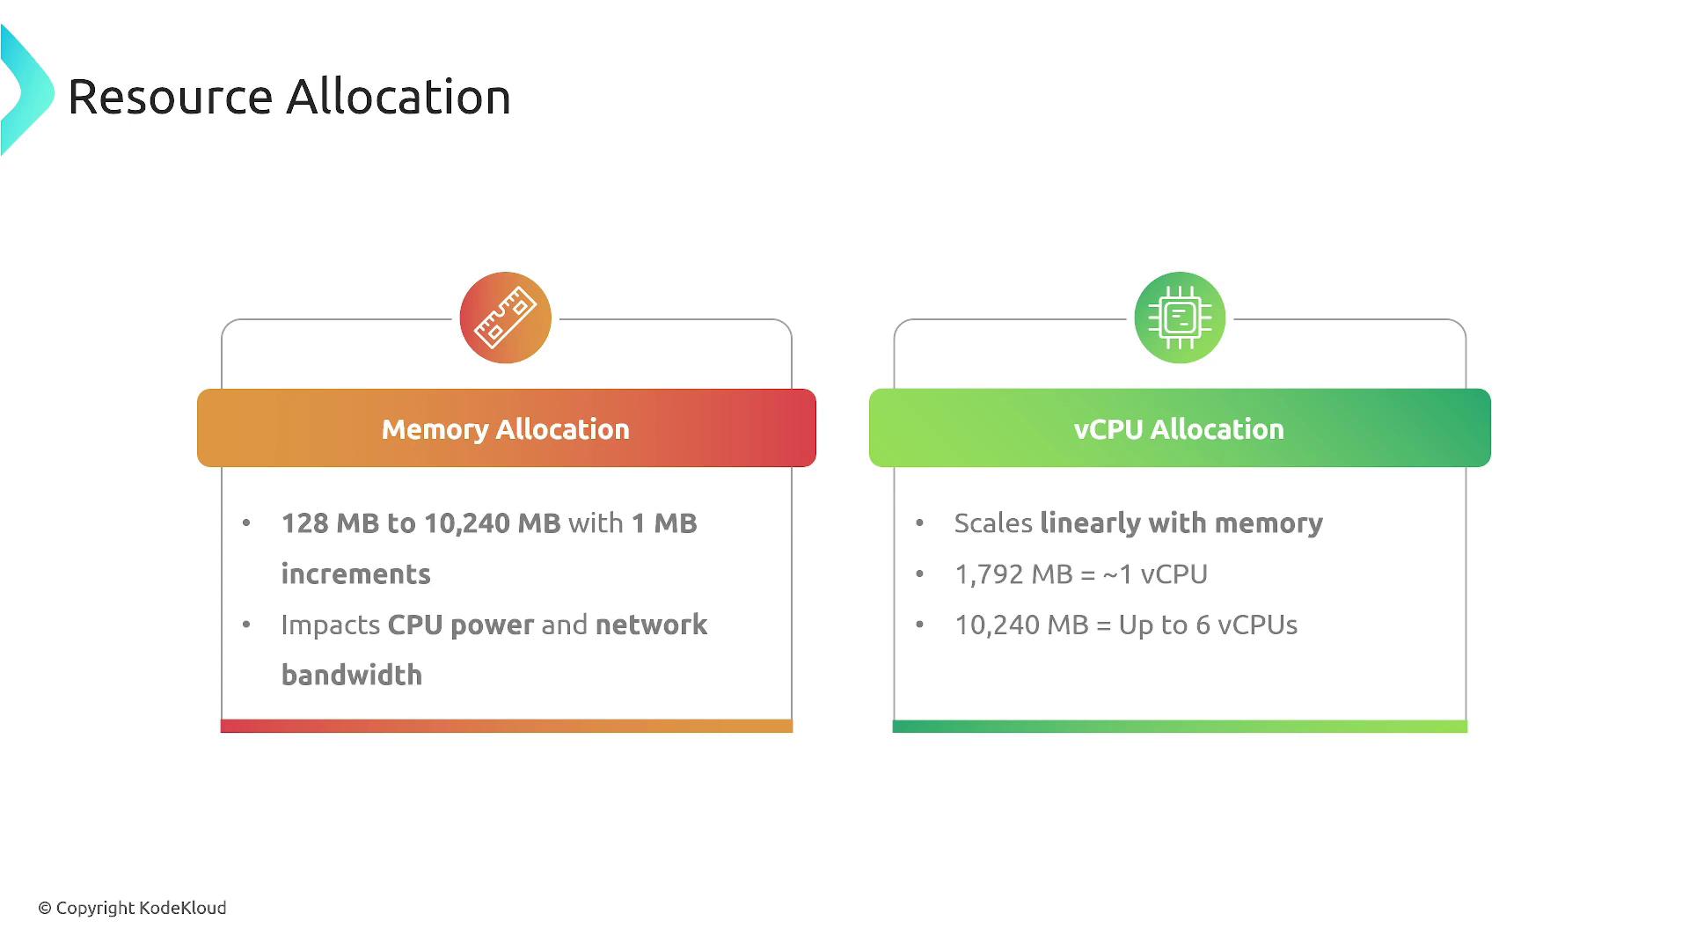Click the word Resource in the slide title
(x=170, y=97)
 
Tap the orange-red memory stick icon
(x=506, y=318)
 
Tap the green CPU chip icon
(x=1180, y=318)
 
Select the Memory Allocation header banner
(x=507, y=428)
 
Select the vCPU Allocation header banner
(x=1180, y=428)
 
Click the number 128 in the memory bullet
(x=304, y=523)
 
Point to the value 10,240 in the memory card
(x=466, y=524)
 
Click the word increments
(x=355, y=574)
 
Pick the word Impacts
(x=331, y=625)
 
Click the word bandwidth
(x=352, y=676)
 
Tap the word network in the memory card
(x=651, y=625)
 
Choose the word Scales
(x=993, y=523)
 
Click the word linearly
(x=1090, y=524)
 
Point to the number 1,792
(x=989, y=575)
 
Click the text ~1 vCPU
(x=1154, y=574)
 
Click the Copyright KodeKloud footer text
(x=132, y=908)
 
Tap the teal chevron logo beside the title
(x=26, y=91)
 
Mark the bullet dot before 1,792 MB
(x=920, y=574)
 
